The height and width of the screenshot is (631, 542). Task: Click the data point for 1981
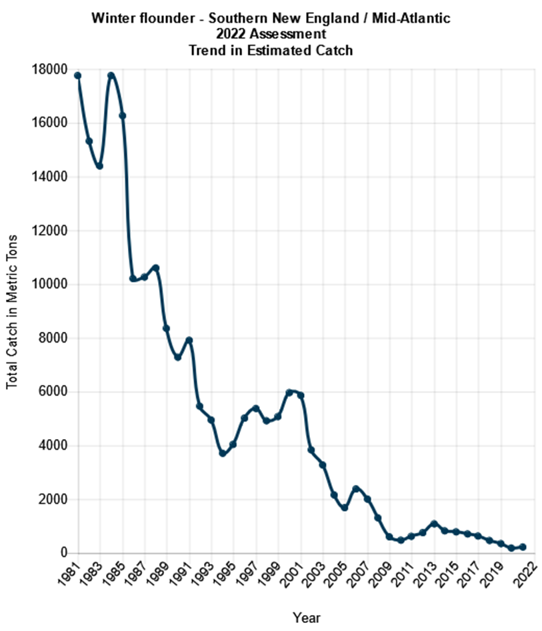point(77,75)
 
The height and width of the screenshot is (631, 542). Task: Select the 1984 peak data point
point(111,75)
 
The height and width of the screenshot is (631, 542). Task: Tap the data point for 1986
point(133,279)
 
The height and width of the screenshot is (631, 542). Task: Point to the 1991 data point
point(189,340)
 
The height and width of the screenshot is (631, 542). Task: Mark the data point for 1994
point(222,453)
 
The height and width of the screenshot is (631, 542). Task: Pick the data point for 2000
point(289,392)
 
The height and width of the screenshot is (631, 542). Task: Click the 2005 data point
point(345,508)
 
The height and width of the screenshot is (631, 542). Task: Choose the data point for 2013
point(434,524)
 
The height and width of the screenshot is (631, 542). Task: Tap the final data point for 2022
point(523,547)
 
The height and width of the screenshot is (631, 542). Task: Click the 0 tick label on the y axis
point(64,553)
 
